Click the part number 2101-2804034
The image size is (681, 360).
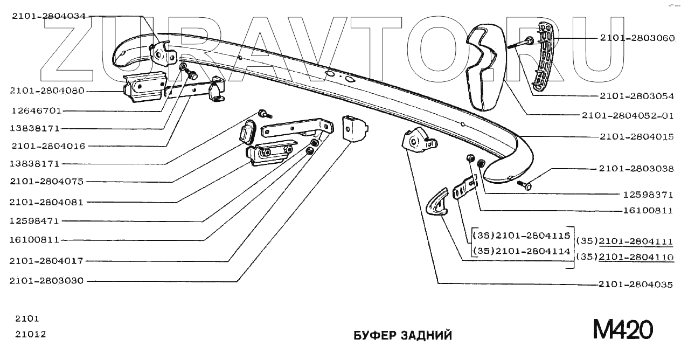point(48,16)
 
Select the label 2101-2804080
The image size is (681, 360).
point(47,91)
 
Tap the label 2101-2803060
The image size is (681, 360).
point(637,38)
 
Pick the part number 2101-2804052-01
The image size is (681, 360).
point(627,115)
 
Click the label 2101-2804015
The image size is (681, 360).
point(637,137)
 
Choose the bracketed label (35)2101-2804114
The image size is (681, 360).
point(521,251)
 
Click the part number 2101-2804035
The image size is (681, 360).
point(636,285)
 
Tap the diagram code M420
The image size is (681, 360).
point(623,329)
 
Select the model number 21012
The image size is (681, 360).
point(31,334)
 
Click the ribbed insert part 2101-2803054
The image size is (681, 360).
point(545,54)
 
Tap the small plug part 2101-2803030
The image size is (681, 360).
point(355,128)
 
